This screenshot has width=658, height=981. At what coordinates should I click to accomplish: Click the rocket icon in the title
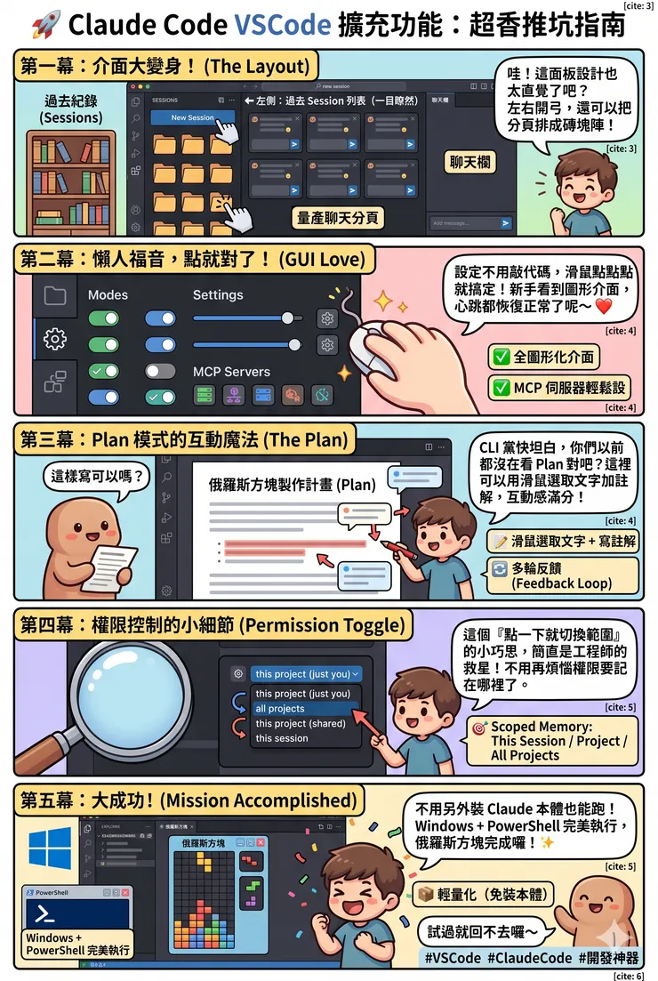click(46, 25)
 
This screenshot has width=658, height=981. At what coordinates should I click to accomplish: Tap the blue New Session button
click(192, 117)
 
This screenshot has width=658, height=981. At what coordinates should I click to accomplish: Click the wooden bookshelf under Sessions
click(71, 181)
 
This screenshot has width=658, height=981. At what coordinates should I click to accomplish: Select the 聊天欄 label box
click(471, 161)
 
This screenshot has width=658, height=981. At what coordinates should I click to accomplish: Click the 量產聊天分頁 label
click(339, 216)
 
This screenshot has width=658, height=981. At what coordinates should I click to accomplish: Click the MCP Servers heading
click(231, 372)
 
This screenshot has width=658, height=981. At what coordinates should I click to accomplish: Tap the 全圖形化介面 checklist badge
click(544, 358)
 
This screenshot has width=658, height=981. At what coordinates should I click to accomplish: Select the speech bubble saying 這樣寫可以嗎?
click(96, 476)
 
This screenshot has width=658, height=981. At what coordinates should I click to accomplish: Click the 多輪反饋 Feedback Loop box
click(562, 575)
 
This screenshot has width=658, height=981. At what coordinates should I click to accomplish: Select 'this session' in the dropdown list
click(282, 738)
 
